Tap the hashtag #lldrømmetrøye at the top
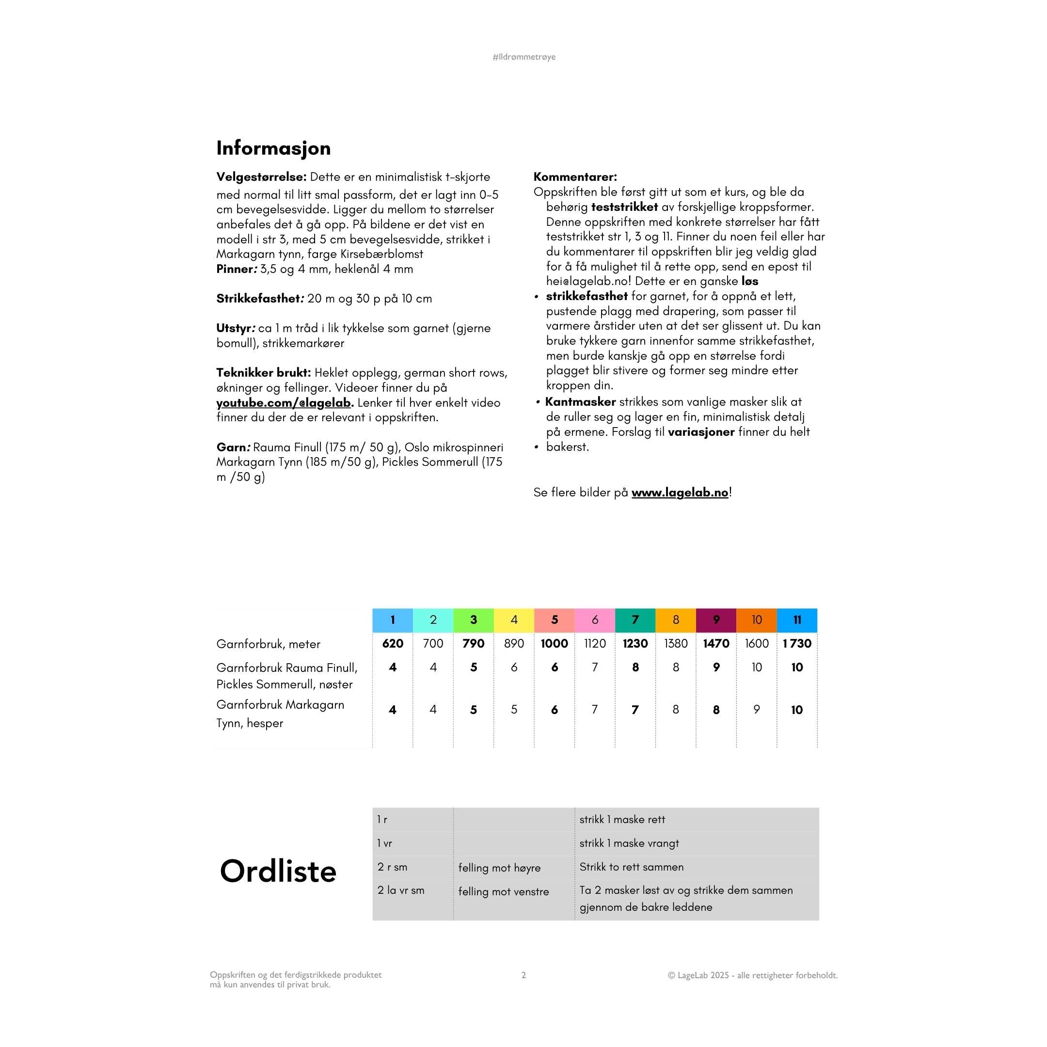click(523, 57)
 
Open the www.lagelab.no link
click(680, 492)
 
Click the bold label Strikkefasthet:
click(258, 299)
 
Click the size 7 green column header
click(635, 620)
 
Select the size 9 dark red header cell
click(716, 620)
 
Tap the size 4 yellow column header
click(514, 620)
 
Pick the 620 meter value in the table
click(392, 643)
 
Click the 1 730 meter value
click(796, 643)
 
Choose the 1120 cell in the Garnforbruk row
click(594, 643)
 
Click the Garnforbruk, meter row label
click(268, 644)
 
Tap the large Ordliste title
click(278, 871)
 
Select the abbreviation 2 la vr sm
click(400, 890)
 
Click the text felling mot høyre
click(499, 868)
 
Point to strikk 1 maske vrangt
click(629, 843)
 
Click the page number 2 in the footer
click(523, 975)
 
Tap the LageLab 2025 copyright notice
click(752, 975)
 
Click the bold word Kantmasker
click(580, 401)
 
